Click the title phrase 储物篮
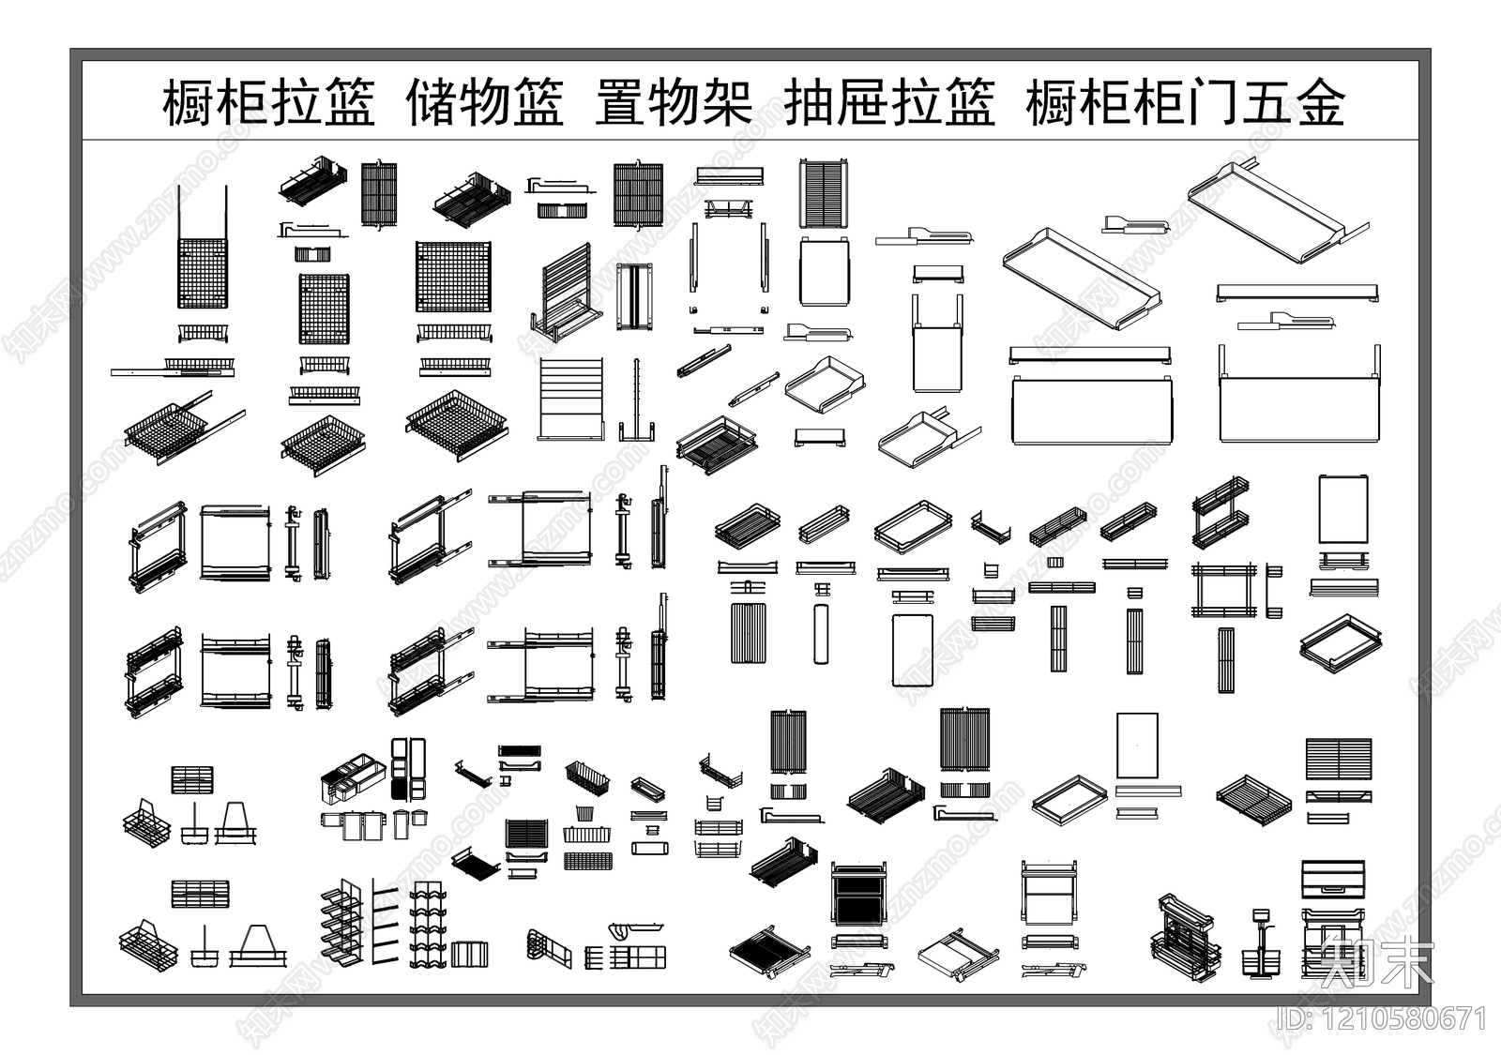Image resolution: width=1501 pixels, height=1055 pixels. [484, 103]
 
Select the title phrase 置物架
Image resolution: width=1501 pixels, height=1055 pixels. [674, 103]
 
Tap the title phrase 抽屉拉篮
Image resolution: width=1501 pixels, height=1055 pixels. [888, 103]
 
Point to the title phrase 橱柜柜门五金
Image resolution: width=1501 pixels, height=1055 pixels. [1186, 103]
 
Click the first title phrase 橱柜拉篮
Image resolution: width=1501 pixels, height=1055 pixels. [269, 103]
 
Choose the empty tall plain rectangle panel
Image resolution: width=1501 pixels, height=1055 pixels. [1137, 746]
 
